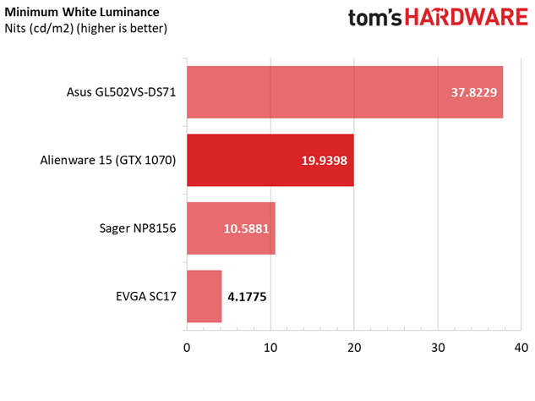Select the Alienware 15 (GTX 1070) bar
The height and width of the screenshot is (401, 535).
pyautogui.click(x=270, y=160)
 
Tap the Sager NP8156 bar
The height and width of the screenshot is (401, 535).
pyautogui.click(x=230, y=228)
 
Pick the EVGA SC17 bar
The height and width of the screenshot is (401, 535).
pyautogui.click(x=204, y=296)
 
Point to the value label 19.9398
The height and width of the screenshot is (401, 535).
pyautogui.click(x=325, y=160)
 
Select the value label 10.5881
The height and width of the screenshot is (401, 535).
pyautogui.click(x=247, y=228)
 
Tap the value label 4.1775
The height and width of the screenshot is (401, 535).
pyautogui.click(x=251, y=296)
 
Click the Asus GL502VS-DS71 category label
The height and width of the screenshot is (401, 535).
pyautogui.click(x=121, y=92)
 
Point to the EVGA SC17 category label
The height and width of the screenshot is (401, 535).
pyautogui.click(x=146, y=296)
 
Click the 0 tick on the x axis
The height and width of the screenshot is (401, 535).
pyautogui.click(x=187, y=348)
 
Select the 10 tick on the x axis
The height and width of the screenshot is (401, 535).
pyautogui.click(x=270, y=348)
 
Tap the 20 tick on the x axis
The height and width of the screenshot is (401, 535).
pyautogui.click(x=354, y=348)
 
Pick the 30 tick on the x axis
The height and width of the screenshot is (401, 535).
pyautogui.click(x=438, y=348)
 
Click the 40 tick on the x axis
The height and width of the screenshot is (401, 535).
pyautogui.click(x=521, y=348)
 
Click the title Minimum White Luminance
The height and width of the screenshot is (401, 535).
pyautogui.click(x=82, y=13)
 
